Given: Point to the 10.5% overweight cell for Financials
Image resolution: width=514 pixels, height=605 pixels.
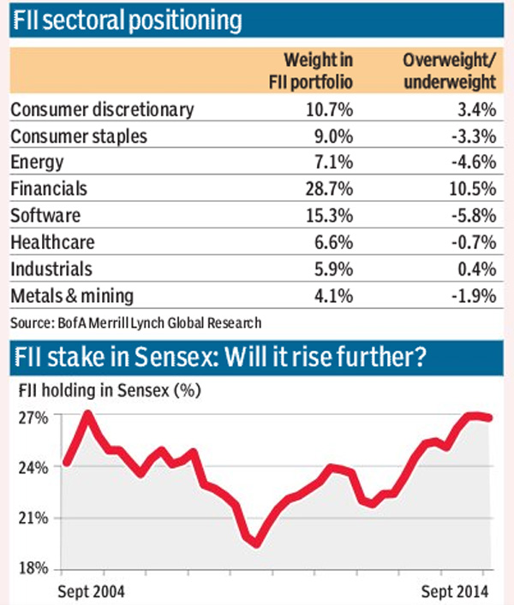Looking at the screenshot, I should tap(474, 189).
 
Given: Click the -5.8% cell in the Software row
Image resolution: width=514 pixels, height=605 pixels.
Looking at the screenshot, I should tap(474, 216).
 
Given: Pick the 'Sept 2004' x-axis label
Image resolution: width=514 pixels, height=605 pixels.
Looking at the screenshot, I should tap(92, 590).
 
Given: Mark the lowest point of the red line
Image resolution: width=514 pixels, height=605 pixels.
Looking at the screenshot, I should tap(254, 543).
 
